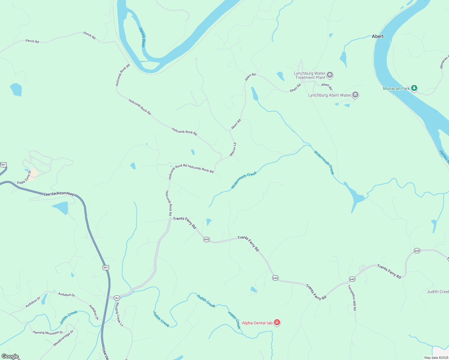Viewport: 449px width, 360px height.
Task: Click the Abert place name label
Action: pos(378,36)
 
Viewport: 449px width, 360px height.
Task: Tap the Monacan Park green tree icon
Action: pos(414,88)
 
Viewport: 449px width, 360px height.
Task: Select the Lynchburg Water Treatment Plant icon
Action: pos(330,75)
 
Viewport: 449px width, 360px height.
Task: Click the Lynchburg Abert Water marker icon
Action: pos(355,95)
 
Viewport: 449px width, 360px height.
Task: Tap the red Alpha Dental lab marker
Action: pos(277,323)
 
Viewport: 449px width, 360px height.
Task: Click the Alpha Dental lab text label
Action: pos(257,323)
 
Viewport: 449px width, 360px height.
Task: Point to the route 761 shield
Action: pos(117,298)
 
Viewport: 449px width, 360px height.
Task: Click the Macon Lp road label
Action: pos(233,149)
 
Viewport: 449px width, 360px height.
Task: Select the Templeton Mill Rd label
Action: pos(352,298)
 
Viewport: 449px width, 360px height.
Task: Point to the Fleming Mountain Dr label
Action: pos(48,332)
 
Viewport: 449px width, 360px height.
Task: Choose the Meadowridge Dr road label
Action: pos(63,338)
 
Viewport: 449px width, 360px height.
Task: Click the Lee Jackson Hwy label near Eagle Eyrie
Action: pos(59,194)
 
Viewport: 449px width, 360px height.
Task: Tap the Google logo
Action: pos(10,356)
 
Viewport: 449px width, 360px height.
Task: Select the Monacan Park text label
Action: pos(396,88)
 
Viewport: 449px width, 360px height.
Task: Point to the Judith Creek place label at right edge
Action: pos(438,292)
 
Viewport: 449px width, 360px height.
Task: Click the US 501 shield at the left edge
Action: pos(3,165)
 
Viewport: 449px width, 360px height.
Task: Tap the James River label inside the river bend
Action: pos(142,37)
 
